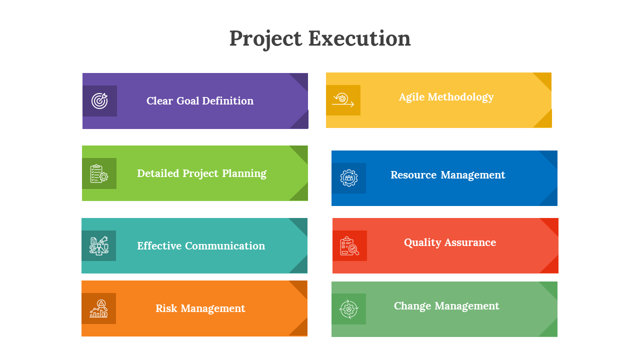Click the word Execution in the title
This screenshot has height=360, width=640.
point(359,38)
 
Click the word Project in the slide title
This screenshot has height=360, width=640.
point(265,39)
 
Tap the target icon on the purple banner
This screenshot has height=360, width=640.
point(99,101)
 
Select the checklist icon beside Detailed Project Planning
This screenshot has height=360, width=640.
point(99,173)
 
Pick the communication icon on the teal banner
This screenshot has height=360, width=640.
point(99,245)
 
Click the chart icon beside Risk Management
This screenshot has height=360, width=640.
point(99,308)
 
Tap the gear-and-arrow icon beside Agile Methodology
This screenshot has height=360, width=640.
point(343,100)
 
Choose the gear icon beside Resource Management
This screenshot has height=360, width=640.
point(349,178)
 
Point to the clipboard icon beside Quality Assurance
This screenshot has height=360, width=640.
point(349,245)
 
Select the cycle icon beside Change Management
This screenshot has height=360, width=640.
point(348,309)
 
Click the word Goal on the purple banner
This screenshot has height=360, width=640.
point(187,101)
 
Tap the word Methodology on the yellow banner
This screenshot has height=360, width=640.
point(460,97)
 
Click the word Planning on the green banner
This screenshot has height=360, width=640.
point(244,173)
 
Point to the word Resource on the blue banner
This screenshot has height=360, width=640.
point(413,175)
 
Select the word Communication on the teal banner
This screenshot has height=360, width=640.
point(225,246)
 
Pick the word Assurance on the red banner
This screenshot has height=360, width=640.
point(470,242)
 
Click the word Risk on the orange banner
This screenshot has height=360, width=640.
point(166,308)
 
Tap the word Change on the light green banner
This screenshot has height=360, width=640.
point(412,306)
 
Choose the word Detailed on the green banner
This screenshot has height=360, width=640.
point(158,173)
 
